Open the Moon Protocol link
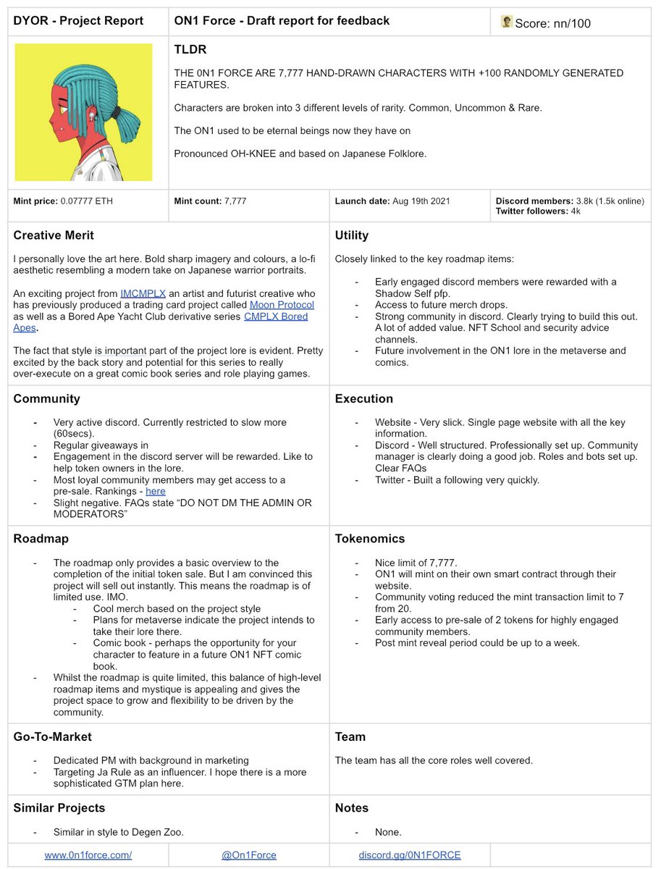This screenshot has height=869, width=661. click(x=282, y=305)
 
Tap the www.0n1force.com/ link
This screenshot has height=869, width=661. click(x=88, y=855)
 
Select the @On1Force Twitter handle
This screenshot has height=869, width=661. click(x=249, y=855)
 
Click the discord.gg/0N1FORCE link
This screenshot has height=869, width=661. click(x=410, y=855)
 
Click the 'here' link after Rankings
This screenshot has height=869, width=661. click(x=156, y=491)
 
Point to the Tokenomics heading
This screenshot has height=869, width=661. click(x=369, y=539)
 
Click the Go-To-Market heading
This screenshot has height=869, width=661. click(x=53, y=736)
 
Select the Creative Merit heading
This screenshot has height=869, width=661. click(x=54, y=235)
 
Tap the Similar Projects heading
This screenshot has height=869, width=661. click(x=59, y=807)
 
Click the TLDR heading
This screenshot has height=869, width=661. click(x=190, y=50)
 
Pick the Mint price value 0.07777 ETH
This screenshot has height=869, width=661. click(x=86, y=201)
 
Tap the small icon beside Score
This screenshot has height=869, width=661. click(x=507, y=22)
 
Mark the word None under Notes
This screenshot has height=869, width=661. click(x=387, y=832)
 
